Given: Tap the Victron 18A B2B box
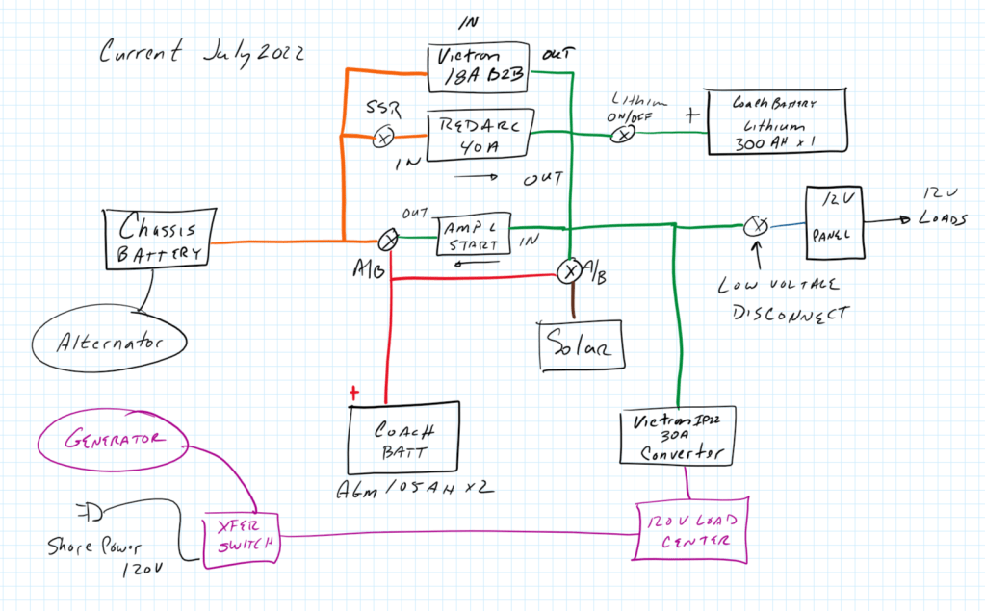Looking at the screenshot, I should pos(480,67).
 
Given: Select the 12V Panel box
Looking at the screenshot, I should pos(833,222).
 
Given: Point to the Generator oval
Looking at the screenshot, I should pos(112,440).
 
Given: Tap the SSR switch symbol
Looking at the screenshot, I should pos(382,139).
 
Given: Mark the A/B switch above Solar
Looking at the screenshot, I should pos(569,271).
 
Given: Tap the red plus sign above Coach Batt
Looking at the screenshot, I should pos(355,393).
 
